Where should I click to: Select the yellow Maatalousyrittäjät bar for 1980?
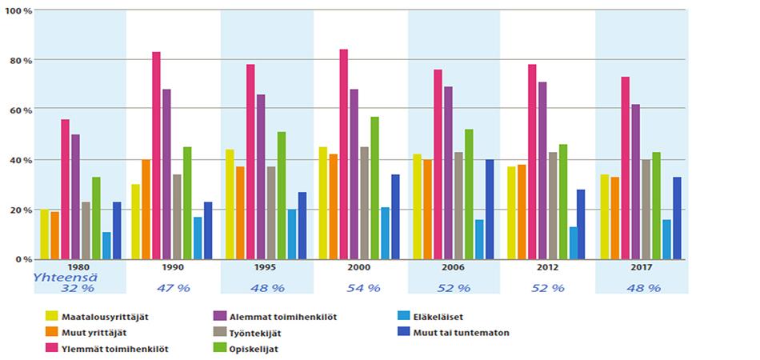(45, 234)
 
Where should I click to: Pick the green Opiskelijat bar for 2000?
(375, 188)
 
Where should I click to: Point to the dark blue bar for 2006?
(490, 210)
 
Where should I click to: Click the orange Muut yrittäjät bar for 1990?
(146, 210)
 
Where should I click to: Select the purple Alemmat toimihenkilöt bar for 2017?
(636, 182)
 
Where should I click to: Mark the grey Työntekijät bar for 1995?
(271, 213)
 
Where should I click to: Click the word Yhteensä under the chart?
(58, 278)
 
